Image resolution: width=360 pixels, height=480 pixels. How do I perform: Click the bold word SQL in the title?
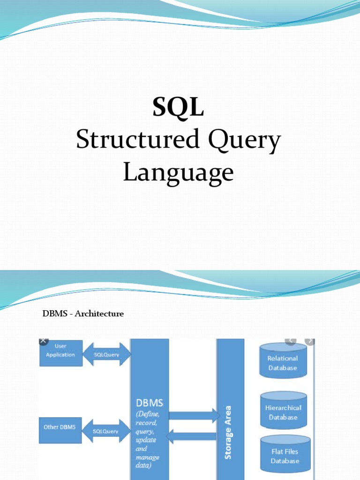(x=178, y=108)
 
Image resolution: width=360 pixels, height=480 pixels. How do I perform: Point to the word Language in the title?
(x=178, y=172)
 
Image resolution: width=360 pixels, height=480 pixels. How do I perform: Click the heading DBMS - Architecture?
(x=83, y=314)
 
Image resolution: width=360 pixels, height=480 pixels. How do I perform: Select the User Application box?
(x=60, y=352)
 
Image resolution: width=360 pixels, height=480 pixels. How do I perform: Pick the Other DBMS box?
(x=60, y=428)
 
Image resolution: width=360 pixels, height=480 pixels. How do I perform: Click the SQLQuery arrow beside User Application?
(x=106, y=355)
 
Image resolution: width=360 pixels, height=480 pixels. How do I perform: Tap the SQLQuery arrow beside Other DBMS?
(x=106, y=431)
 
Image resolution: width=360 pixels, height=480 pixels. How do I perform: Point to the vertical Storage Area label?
(x=229, y=432)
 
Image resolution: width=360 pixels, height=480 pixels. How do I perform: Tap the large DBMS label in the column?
(x=149, y=403)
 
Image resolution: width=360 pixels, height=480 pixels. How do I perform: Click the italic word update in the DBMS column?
(x=146, y=440)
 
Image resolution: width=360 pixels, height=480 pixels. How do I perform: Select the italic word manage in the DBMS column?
(x=148, y=457)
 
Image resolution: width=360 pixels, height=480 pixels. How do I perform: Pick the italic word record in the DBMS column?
(x=147, y=423)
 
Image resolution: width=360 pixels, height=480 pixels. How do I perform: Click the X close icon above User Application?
(x=43, y=341)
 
